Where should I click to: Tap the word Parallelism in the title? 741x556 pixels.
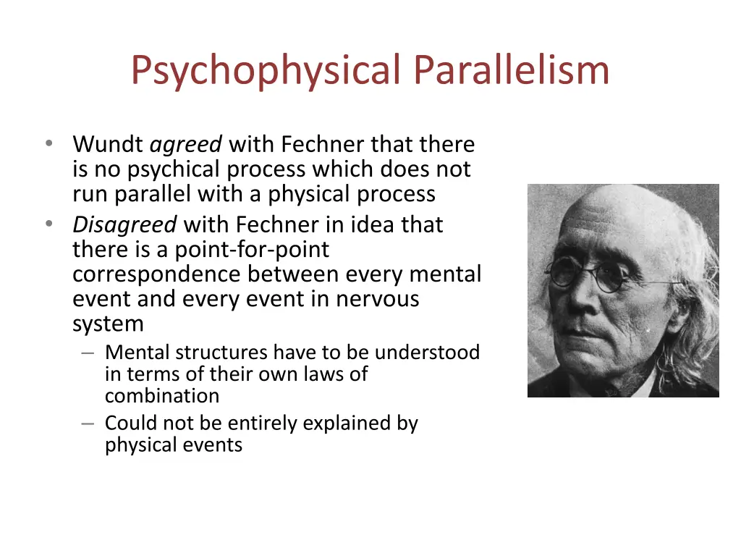(512, 70)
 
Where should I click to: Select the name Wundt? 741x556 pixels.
(108, 145)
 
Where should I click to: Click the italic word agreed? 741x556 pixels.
(186, 146)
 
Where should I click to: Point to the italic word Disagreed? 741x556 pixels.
(124, 224)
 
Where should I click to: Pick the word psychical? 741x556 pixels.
(174, 169)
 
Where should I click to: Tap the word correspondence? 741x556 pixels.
(157, 274)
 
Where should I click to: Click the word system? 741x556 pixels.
(108, 324)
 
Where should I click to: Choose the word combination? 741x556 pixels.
(162, 396)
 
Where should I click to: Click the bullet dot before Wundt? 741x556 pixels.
(48, 144)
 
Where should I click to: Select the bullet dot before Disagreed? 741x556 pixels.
(48, 224)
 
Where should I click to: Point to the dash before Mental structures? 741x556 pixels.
(88, 353)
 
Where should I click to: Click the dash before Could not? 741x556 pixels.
(88, 423)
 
